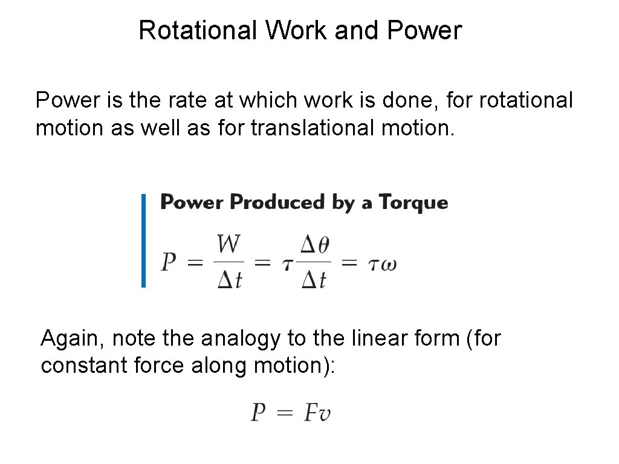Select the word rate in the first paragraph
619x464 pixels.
(x=185, y=100)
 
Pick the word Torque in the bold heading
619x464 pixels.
(x=413, y=203)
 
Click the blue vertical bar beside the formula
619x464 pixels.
(x=144, y=240)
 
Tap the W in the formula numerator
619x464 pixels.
(x=229, y=245)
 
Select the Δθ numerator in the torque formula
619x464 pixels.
(x=316, y=245)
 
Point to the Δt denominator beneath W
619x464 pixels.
(x=230, y=279)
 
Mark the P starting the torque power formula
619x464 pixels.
(x=169, y=262)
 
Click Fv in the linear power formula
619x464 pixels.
(x=317, y=414)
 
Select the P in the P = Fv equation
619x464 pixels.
(x=259, y=413)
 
